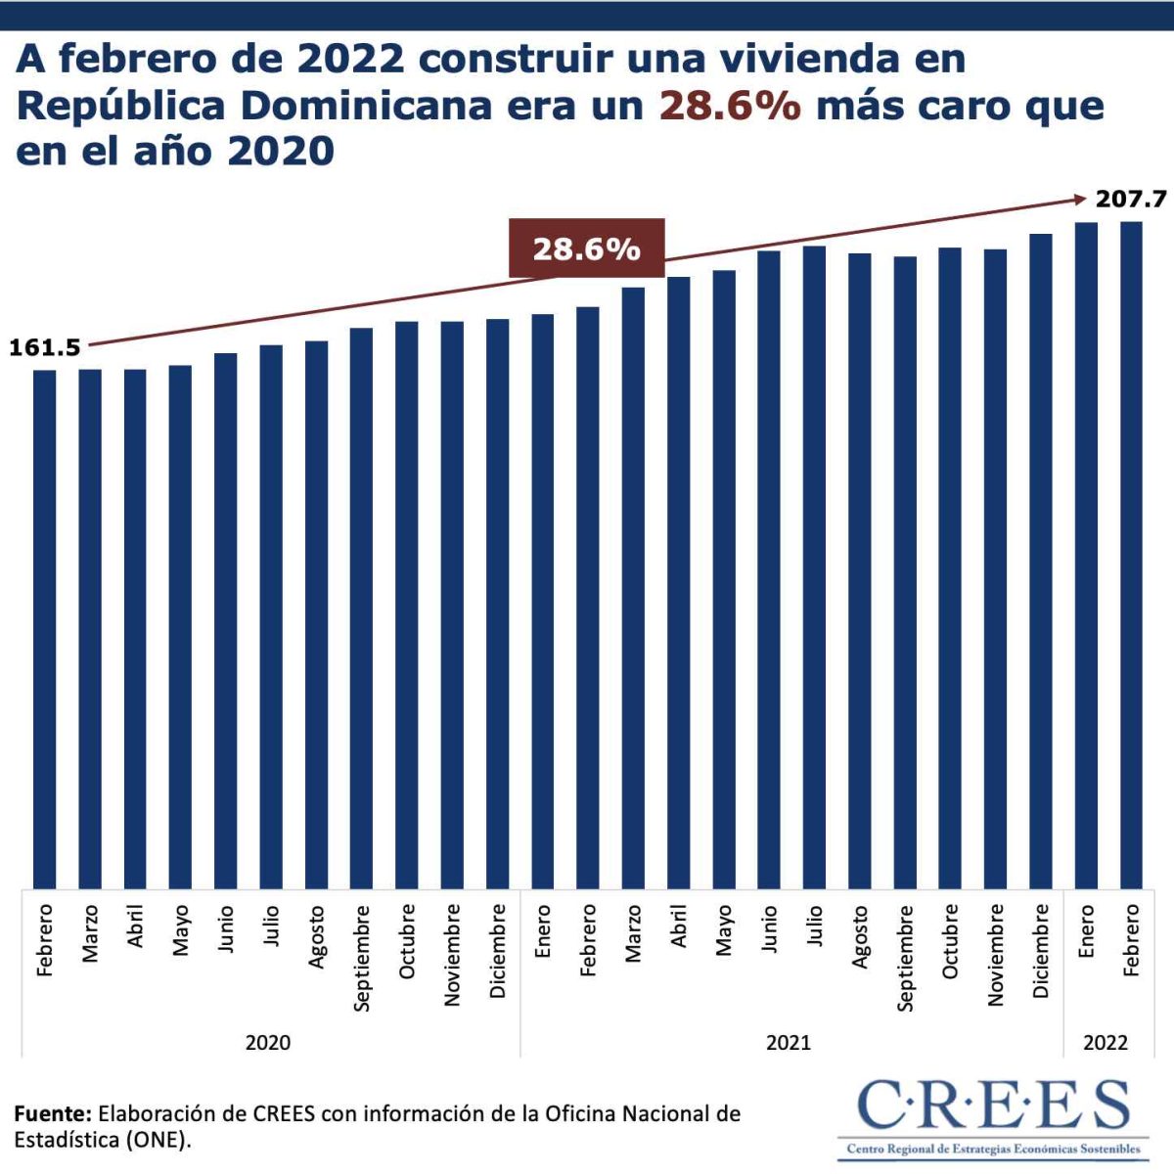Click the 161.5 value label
click(45, 347)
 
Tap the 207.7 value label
click(1131, 200)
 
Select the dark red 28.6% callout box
click(586, 248)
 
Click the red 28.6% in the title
click(730, 106)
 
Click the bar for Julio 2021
click(814, 567)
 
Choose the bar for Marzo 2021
click(633, 588)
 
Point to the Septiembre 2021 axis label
click(905, 957)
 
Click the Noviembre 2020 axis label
click(452, 954)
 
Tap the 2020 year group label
click(268, 1042)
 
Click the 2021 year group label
click(789, 1042)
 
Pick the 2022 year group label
click(1106, 1042)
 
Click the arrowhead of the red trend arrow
click(1080, 200)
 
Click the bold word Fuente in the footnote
click(53, 1113)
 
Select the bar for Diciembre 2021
click(1040, 562)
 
